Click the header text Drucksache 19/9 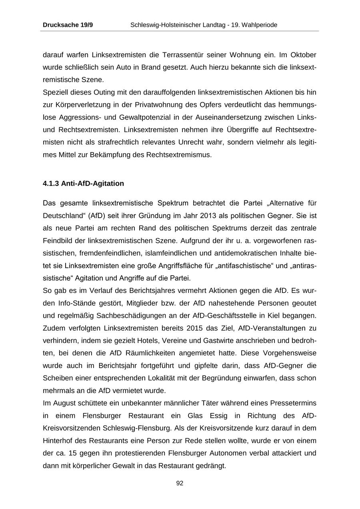[68, 25]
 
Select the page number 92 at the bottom [180, 483]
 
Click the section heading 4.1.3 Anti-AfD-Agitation [83, 184]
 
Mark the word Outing [104, 92]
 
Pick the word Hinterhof [58, 441]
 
